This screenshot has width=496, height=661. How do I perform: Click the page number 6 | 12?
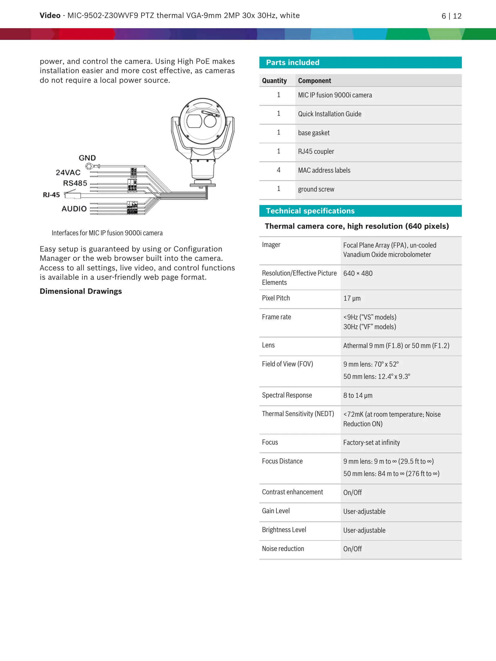point(451,16)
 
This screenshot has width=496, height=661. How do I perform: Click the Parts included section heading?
point(293,62)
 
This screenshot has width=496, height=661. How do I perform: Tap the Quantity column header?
point(274,81)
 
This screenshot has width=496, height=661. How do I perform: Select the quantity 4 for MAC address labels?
point(279,170)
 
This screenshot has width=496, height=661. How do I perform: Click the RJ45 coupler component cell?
point(316,151)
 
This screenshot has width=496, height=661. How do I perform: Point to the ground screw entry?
point(316,189)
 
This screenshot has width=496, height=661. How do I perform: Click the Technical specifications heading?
point(310,211)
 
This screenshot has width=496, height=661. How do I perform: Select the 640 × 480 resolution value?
point(358,273)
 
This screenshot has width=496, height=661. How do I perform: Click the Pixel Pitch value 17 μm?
point(352,298)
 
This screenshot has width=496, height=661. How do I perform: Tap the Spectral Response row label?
point(287,395)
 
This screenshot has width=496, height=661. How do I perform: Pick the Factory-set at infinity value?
point(371,442)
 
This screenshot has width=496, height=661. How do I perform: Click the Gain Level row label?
point(276,511)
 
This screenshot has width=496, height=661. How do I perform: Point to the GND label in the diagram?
point(87,158)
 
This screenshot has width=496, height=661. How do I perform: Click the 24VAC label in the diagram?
point(68,172)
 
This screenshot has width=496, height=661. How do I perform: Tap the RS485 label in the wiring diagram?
point(75,183)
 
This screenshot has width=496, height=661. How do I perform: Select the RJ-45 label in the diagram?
point(51,195)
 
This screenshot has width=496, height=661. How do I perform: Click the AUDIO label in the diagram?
point(74,209)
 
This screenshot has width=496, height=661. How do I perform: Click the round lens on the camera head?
point(210,121)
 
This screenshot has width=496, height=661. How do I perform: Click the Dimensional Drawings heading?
point(81,291)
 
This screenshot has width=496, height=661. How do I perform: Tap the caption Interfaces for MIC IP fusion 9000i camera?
point(107,233)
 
